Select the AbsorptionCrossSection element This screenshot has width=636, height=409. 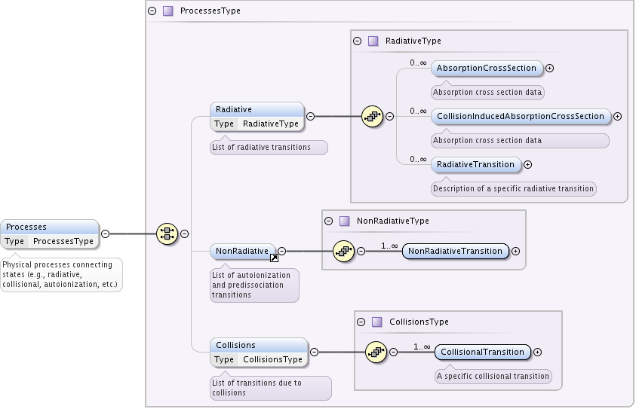pyautogui.click(x=487, y=68)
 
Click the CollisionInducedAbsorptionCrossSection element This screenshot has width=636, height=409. pyautogui.click(x=521, y=116)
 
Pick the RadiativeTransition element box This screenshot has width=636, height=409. pyautogui.click(x=475, y=164)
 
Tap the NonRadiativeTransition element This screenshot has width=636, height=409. pyautogui.click(x=456, y=251)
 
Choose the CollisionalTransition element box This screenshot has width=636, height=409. pyautogui.click(x=482, y=352)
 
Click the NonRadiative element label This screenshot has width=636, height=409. pyautogui.click(x=241, y=251)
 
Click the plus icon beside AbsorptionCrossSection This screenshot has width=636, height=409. pyautogui.click(x=550, y=68)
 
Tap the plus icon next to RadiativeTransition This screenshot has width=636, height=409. pyautogui.click(x=528, y=164)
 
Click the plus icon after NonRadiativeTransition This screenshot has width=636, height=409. pyautogui.click(x=517, y=251)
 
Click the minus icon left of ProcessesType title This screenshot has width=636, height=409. pyautogui.click(x=152, y=11)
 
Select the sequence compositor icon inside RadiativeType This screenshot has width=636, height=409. pyautogui.click(x=372, y=116)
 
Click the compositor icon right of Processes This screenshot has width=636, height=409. pyautogui.click(x=166, y=233)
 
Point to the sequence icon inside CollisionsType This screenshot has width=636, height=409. pyautogui.click(x=376, y=352)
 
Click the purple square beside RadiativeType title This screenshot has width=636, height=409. pyautogui.click(x=373, y=41)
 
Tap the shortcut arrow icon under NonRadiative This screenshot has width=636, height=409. pyautogui.click(x=273, y=258)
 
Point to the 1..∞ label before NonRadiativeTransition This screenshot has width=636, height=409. pyautogui.click(x=389, y=246)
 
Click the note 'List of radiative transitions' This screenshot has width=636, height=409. pyautogui.click(x=269, y=148)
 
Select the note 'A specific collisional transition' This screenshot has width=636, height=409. pyautogui.click(x=493, y=376)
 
